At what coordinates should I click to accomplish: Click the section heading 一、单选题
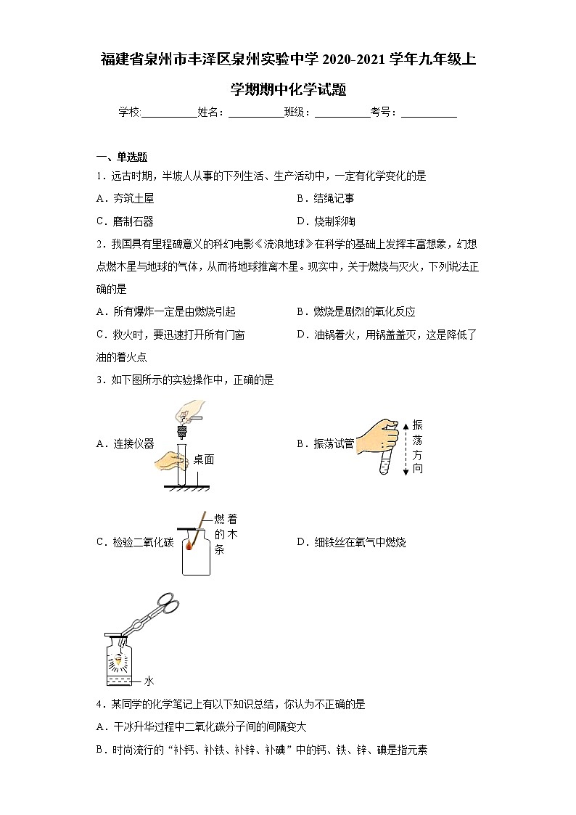coord(122,157)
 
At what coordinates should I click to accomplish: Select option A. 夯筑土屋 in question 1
coord(125,198)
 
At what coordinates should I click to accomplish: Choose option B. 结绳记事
coord(325,198)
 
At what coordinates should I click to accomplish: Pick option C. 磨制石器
coord(125,221)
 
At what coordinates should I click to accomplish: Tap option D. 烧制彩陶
coord(326,221)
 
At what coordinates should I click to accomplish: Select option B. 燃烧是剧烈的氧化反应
coord(355,311)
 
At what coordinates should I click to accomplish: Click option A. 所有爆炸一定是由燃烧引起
coord(165,311)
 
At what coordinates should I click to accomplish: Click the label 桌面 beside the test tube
coord(204,459)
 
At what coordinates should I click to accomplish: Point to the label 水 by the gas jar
coord(149,681)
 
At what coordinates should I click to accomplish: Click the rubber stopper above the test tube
coord(182,431)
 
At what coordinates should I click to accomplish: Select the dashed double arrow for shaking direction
coord(406,448)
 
